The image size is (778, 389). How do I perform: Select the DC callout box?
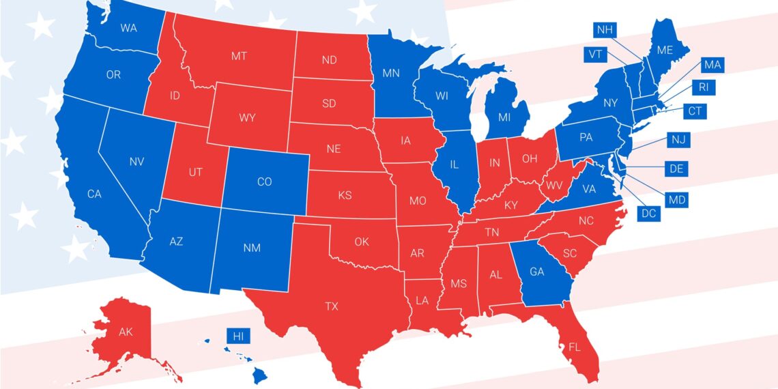pyautogui.click(x=648, y=213)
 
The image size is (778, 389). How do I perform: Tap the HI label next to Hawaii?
pyautogui.click(x=238, y=336)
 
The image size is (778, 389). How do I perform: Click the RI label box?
pyautogui.click(x=703, y=87)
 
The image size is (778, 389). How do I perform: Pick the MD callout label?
pyautogui.click(x=678, y=200)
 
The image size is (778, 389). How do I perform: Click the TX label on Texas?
pyautogui.click(x=332, y=306)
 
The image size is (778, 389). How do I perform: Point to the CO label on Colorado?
pyautogui.click(x=264, y=182)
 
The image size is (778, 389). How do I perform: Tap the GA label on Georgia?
pyautogui.click(x=537, y=271)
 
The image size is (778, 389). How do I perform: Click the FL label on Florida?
pyautogui.click(x=575, y=347)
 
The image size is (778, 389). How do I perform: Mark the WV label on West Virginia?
pyautogui.click(x=555, y=185)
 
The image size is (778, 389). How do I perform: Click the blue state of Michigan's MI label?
pyautogui.click(x=504, y=117)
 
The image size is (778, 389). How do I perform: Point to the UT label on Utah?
pyautogui.click(x=195, y=172)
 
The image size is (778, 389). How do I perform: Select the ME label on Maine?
pyautogui.click(x=665, y=50)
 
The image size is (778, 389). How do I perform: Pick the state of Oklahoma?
pyautogui.click(x=362, y=242)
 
